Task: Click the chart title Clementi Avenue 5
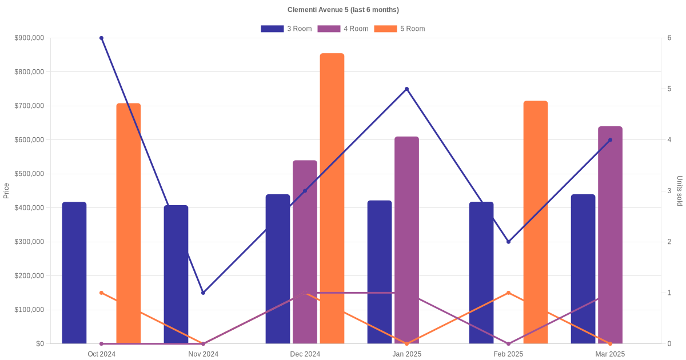tap(343, 10)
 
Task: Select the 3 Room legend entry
tap(286, 29)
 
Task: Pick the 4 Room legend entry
tap(343, 29)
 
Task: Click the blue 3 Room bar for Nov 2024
tap(176, 274)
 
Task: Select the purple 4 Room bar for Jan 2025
tap(406, 240)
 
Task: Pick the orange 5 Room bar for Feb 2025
tap(536, 222)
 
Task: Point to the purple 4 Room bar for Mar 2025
tap(610, 235)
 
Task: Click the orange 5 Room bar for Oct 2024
tap(129, 223)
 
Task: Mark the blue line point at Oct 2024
tap(101, 38)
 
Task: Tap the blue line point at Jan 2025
tap(406, 89)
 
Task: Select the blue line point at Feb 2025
tap(508, 242)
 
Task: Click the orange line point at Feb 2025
tap(508, 293)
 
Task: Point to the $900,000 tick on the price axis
tap(29, 38)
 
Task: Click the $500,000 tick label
tap(29, 174)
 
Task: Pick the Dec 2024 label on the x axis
tap(305, 354)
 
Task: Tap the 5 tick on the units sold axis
tap(669, 89)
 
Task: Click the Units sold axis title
tap(679, 191)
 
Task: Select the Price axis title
tap(6, 191)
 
